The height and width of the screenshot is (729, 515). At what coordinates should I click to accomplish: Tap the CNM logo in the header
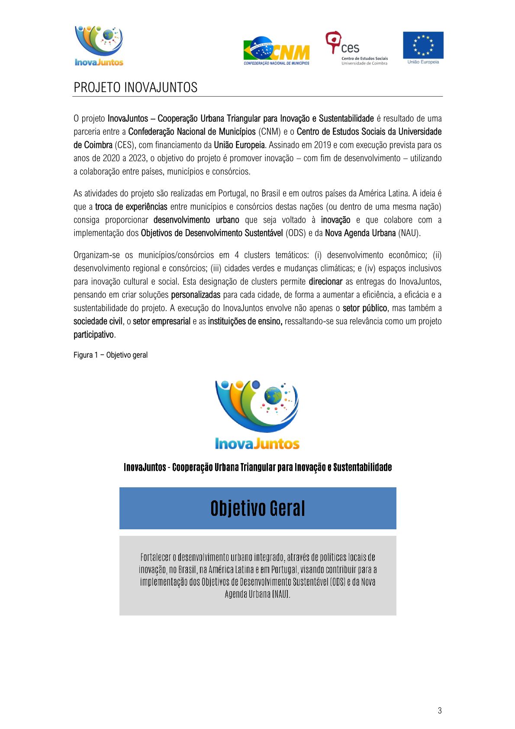[x=277, y=51]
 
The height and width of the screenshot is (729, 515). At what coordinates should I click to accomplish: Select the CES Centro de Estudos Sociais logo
[x=356, y=48]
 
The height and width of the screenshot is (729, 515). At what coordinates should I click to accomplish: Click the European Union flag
[x=423, y=45]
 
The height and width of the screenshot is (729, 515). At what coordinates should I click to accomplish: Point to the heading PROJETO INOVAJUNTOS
[x=135, y=87]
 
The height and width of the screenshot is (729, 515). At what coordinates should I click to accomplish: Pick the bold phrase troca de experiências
[x=131, y=207]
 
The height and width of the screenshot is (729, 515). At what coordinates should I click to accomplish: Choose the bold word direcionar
[x=325, y=282]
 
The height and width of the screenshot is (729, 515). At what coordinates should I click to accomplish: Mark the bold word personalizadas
[x=196, y=295]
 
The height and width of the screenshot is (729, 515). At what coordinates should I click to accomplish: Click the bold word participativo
[x=93, y=335]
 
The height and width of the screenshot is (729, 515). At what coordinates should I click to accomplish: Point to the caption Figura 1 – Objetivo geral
[x=110, y=355]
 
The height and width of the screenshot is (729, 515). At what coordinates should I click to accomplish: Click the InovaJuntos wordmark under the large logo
[x=257, y=444]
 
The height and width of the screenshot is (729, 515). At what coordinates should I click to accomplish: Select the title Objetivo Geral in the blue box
[x=257, y=508]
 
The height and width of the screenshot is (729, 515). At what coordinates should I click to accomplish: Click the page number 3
[x=440, y=710]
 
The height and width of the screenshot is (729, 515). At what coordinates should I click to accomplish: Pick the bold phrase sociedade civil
[x=98, y=321]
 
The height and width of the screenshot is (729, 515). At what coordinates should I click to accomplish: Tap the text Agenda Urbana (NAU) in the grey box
[x=257, y=594]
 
